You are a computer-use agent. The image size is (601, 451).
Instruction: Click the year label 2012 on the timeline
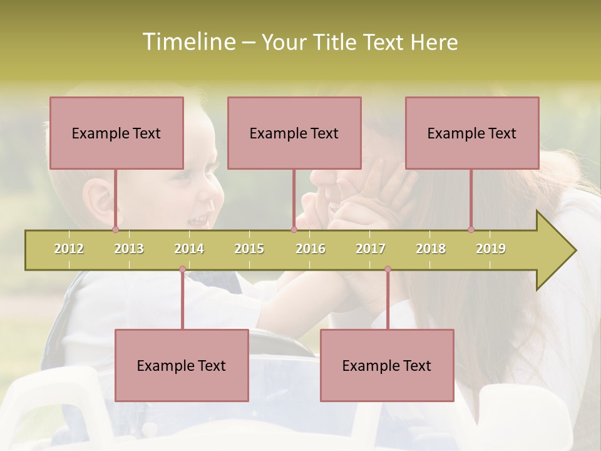coord(69,249)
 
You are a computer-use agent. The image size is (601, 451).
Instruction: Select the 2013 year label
coord(129,249)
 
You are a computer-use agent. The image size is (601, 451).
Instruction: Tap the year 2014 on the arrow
coord(189,249)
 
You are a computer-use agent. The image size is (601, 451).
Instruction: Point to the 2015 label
coord(249,249)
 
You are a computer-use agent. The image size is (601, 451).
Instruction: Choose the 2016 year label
coord(311,249)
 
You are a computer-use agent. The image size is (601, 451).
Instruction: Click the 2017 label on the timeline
coord(371,249)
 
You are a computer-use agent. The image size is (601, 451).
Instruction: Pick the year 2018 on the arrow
coord(431,249)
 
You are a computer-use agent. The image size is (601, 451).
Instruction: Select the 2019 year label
coord(491,249)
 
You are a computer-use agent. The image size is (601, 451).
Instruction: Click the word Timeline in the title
coord(188,42)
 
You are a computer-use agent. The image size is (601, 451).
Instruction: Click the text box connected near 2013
coord(116,133)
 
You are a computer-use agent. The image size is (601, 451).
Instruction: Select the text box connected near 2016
coord(294,133)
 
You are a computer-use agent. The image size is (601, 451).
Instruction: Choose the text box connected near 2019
coord(472,133)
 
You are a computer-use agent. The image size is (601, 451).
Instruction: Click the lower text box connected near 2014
coord(182,365)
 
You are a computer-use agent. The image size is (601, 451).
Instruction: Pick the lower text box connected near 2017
coord(387,365)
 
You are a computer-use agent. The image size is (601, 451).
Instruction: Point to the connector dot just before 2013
coord(116,230)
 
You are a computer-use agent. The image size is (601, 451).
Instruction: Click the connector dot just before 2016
coord(294,230)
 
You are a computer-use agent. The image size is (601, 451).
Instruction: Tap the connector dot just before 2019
coord(471,230)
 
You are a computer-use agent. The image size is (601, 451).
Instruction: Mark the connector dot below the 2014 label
coord(182,269)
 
